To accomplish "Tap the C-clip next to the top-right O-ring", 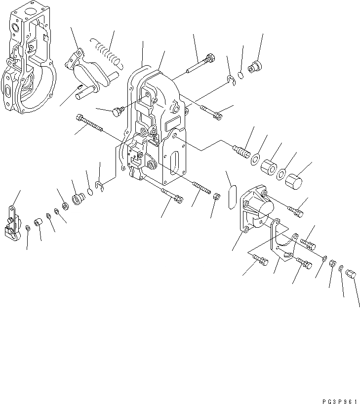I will pyautogui.click(x=233, y=81).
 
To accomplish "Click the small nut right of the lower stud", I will pyautogui.click(x=217, y=197).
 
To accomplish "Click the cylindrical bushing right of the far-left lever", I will pyautogui.click(x=39, y=225).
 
